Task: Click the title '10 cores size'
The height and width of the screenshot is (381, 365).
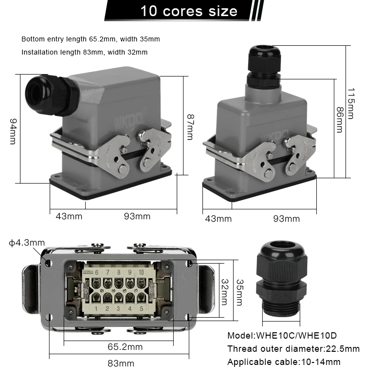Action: [x=189, y=11]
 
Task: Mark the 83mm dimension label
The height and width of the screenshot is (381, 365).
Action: [x=121, y=363]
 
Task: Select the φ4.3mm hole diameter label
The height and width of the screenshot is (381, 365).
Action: [x=27, y=243]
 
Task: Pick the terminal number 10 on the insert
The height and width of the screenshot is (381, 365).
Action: [x=141, y=272]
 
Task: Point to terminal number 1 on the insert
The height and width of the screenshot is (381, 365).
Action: [x=96, y=308]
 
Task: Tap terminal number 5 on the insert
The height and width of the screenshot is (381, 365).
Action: [x=141, y=308]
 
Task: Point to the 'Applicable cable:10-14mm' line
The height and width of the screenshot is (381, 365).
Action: [x=284, y=362]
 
